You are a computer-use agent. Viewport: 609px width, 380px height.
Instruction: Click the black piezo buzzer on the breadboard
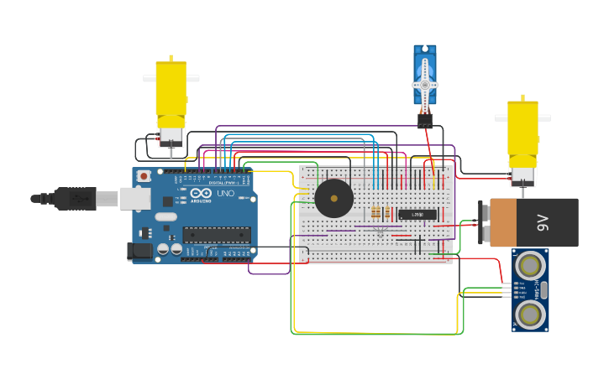pos(333,199)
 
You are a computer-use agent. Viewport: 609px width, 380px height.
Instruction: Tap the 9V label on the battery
pos(543,222)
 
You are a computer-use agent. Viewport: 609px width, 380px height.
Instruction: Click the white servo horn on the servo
pos(425,84)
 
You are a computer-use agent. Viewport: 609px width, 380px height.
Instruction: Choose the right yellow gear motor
pos(522,134)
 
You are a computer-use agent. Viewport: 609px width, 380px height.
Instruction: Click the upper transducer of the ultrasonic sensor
pos(530,266)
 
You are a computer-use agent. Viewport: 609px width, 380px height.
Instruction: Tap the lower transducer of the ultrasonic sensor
pos(530,315)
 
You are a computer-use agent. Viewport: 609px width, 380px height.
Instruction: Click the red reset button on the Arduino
pos(144,176)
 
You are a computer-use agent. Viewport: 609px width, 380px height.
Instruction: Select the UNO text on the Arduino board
pos(225,194)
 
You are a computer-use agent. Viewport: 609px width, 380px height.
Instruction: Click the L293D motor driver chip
pos(417,215)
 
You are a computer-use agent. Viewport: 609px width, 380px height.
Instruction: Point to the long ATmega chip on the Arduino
pos(217,235)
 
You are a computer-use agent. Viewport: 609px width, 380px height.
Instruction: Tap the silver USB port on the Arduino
pos(134,198)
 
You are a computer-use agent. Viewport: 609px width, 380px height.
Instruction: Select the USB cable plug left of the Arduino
pos(76,199)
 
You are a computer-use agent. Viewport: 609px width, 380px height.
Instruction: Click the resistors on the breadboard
pos(375,213)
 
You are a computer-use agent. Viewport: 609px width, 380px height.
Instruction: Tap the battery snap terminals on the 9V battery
pos(484,222)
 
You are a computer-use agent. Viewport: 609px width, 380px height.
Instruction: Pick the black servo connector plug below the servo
pos(425,120)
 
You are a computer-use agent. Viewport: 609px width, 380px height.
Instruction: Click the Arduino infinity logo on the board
pos(199,194)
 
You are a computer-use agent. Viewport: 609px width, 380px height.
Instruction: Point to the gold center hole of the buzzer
pos(333,199)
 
